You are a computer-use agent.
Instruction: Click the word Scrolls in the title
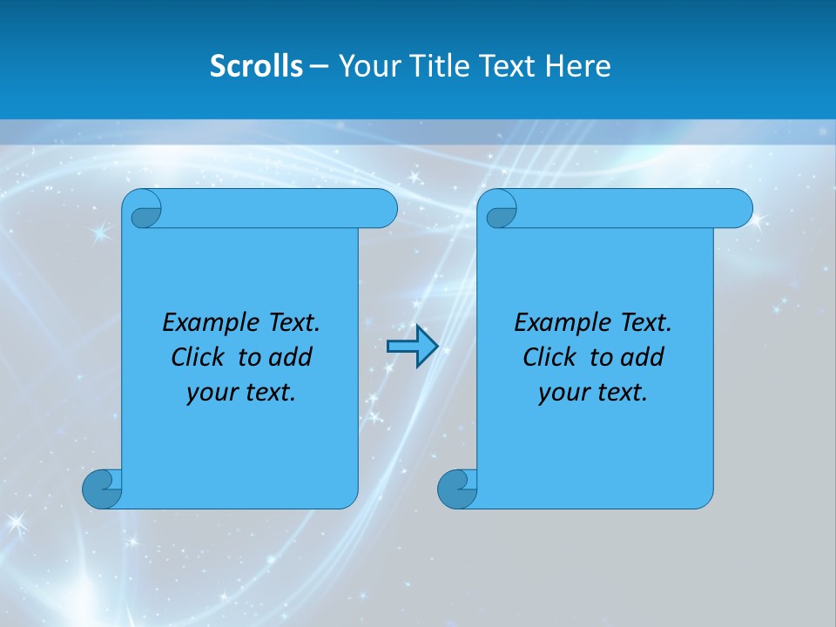coord(257,66)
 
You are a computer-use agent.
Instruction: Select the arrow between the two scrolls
coord(411,347)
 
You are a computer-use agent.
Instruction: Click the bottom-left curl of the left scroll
coord(102,488)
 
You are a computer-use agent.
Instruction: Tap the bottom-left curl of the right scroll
coord(457,488)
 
